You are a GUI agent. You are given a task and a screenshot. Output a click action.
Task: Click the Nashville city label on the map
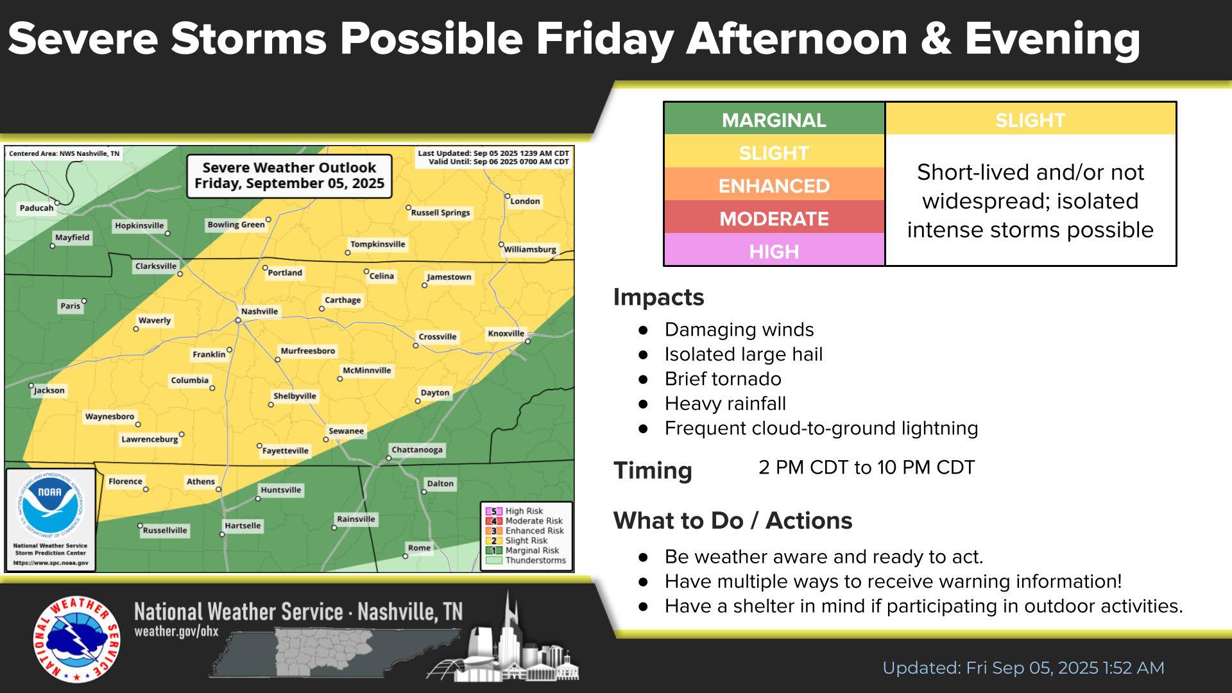(x=259, y=311)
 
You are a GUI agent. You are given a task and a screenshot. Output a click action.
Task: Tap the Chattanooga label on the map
(x=417, y=450)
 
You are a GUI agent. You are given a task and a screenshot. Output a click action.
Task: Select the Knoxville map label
(x=506, y=334)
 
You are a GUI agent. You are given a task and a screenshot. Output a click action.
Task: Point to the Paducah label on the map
(x=37, y=208)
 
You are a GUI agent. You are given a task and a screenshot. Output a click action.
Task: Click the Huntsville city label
(x=280, y=490)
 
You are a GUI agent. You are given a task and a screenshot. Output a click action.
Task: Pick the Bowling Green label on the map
(x=235, y=225)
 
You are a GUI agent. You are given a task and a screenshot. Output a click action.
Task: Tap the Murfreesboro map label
(x=308, y=351)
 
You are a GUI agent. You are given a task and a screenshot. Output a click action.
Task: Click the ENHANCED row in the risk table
(x=774, y=185)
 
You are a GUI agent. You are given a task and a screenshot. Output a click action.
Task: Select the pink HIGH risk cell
(x=774, y=251)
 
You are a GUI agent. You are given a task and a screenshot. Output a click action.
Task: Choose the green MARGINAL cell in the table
(x=774, y=120)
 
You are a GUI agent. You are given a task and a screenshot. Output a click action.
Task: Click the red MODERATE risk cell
(x=774, y=218)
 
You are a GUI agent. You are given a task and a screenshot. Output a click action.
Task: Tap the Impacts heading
(x=658, y=297)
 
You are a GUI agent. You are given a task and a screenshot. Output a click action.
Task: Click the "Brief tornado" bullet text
(x=723, y=379)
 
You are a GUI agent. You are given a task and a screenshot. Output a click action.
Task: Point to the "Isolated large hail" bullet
(x=743, y=354)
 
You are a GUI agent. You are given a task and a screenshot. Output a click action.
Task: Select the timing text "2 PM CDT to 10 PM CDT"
(x=866, y=467)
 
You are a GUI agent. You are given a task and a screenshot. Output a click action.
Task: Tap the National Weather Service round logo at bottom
(x=76, y=640)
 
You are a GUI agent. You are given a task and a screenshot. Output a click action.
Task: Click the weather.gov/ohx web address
(x=176, y=631)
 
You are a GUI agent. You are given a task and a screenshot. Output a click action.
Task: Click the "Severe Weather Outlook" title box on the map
(x=289, y=176)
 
